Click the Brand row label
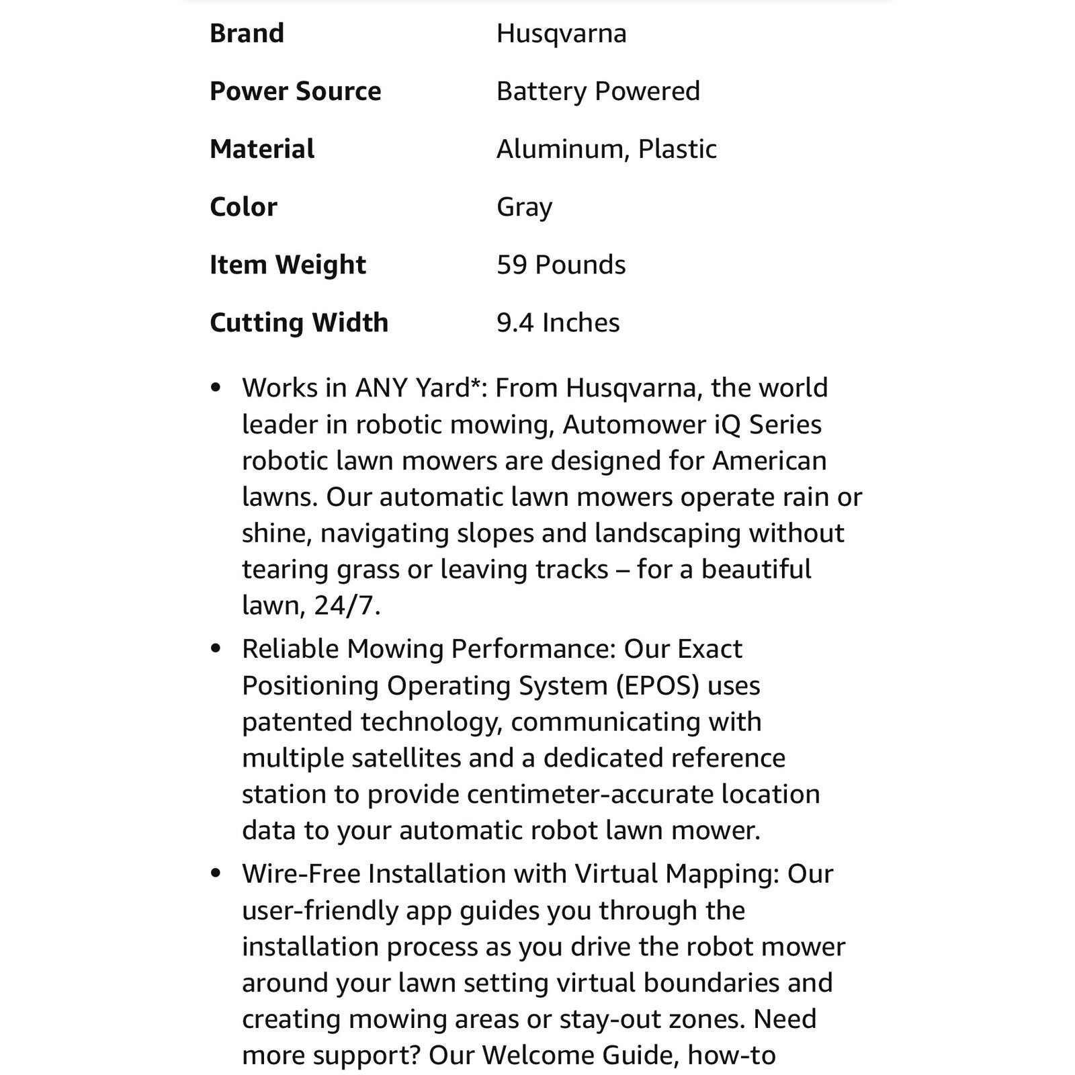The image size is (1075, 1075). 247,33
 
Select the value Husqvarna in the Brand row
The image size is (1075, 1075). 561,33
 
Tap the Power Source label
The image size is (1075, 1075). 295,91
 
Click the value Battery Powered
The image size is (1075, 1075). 598,91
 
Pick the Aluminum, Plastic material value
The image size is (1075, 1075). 606,148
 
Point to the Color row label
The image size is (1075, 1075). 243,206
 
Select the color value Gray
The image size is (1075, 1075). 524,206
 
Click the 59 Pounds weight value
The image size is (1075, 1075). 561,264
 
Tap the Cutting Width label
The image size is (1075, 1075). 299,322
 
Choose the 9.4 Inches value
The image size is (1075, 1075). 558,322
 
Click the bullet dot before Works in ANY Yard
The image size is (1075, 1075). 215,388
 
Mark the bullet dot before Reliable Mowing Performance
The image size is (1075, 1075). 215,649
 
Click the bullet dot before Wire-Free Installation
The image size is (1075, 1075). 215,873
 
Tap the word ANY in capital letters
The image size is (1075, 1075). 381,388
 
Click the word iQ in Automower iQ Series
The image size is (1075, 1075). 718,425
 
